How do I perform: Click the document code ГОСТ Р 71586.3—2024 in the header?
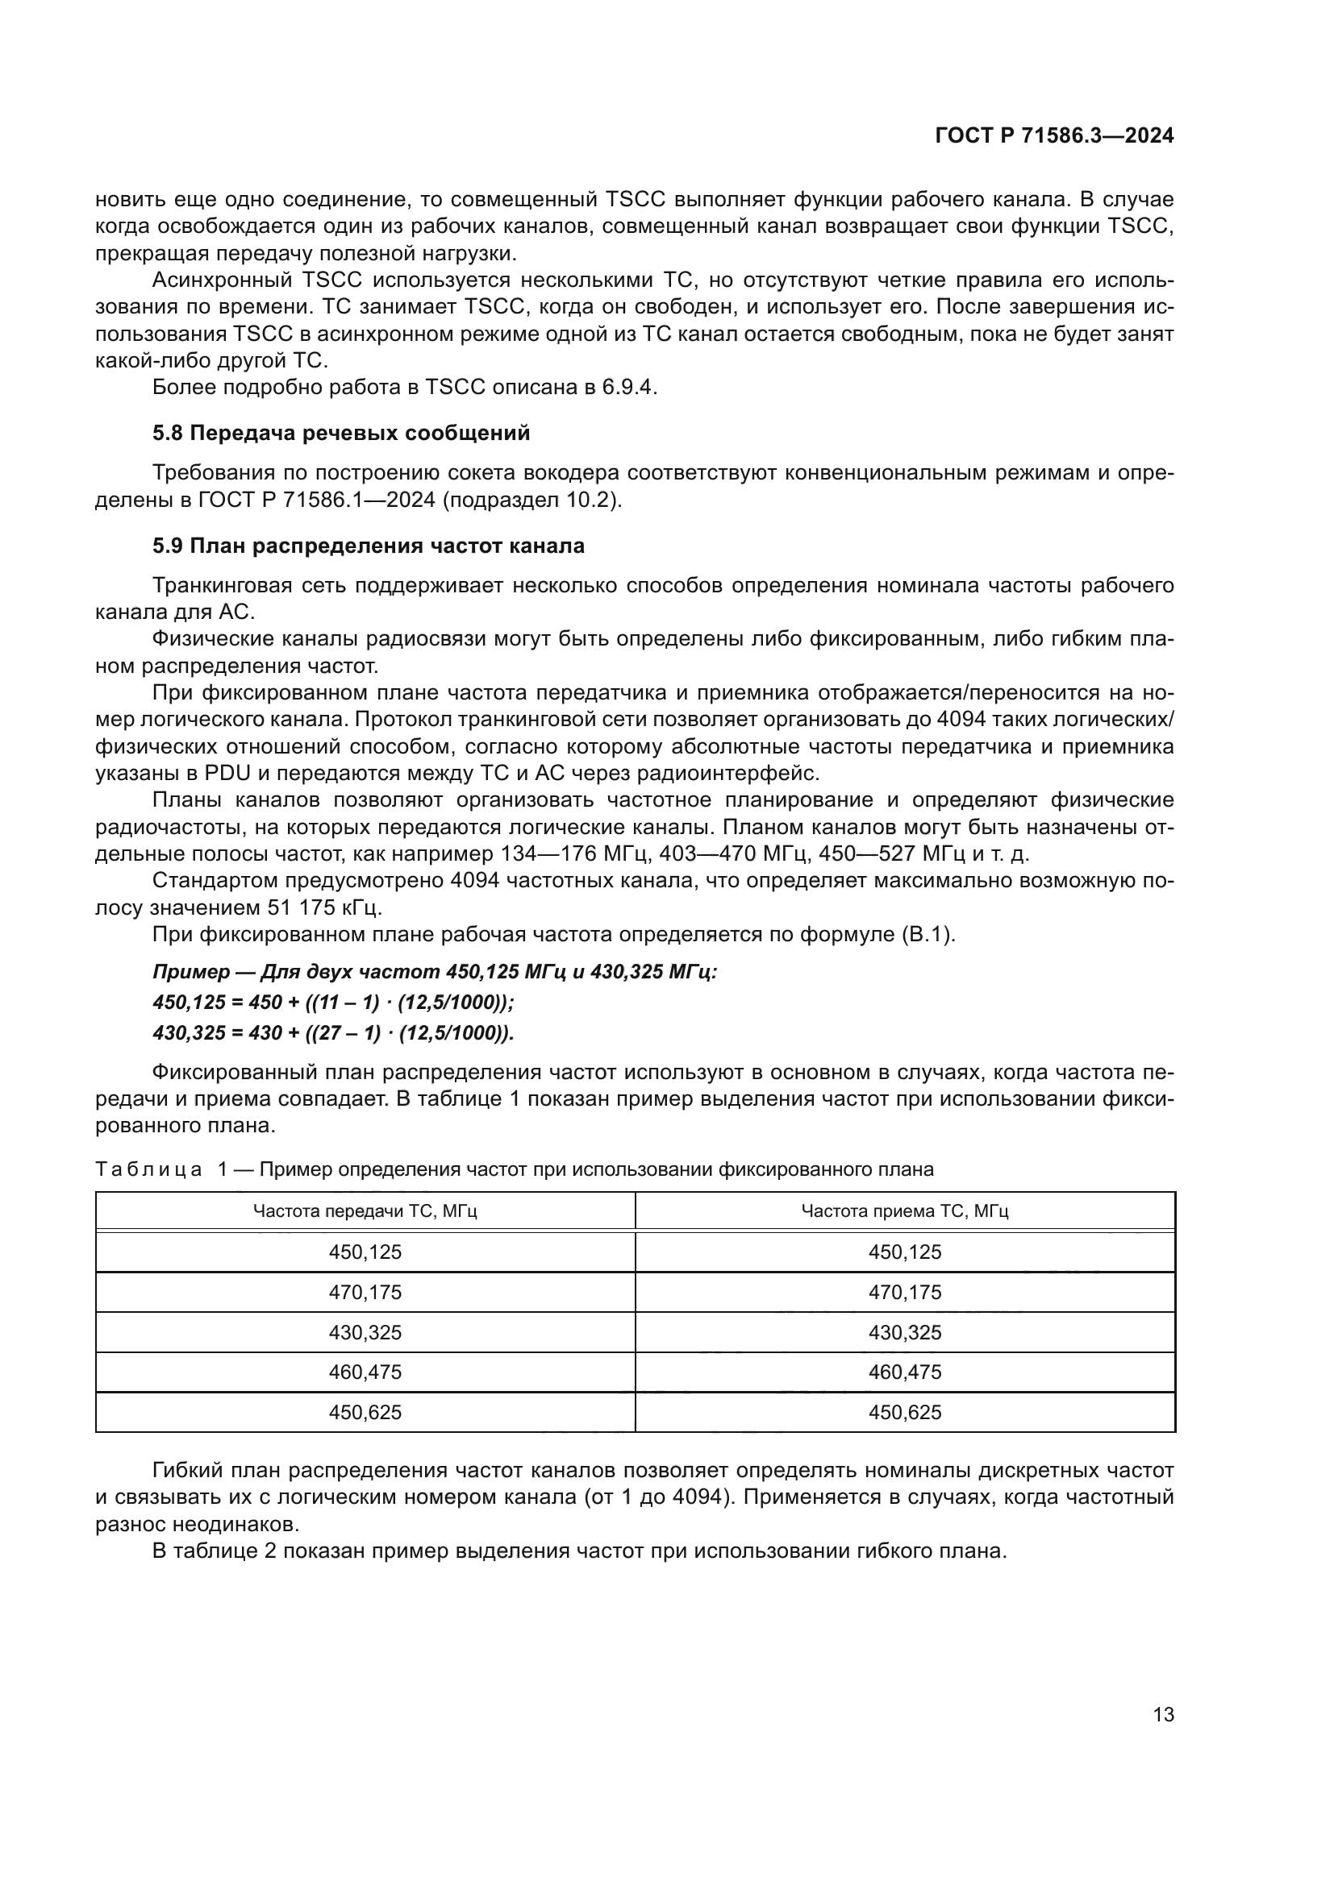tap(1054, 136)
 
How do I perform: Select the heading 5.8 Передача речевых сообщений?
tap(341, 433)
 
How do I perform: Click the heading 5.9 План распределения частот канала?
tap(368, 546)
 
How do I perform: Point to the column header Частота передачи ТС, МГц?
tap(365, 1211)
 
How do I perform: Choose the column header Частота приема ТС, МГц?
tap(904, 1211)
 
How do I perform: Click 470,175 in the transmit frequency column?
tap(365, 1292)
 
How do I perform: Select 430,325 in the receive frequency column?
tap(904, 1332)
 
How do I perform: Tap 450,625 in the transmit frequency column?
tap(365, 1412)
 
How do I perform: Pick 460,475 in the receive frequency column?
tap(904, 1372)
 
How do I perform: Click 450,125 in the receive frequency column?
tap(904, 1252)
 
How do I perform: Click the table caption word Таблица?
tap(148, 1169)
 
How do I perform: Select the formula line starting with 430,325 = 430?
tap(332, 1033)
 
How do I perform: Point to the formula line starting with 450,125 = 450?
tap(332, 1003)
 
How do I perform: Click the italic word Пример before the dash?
tap(191, 972)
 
